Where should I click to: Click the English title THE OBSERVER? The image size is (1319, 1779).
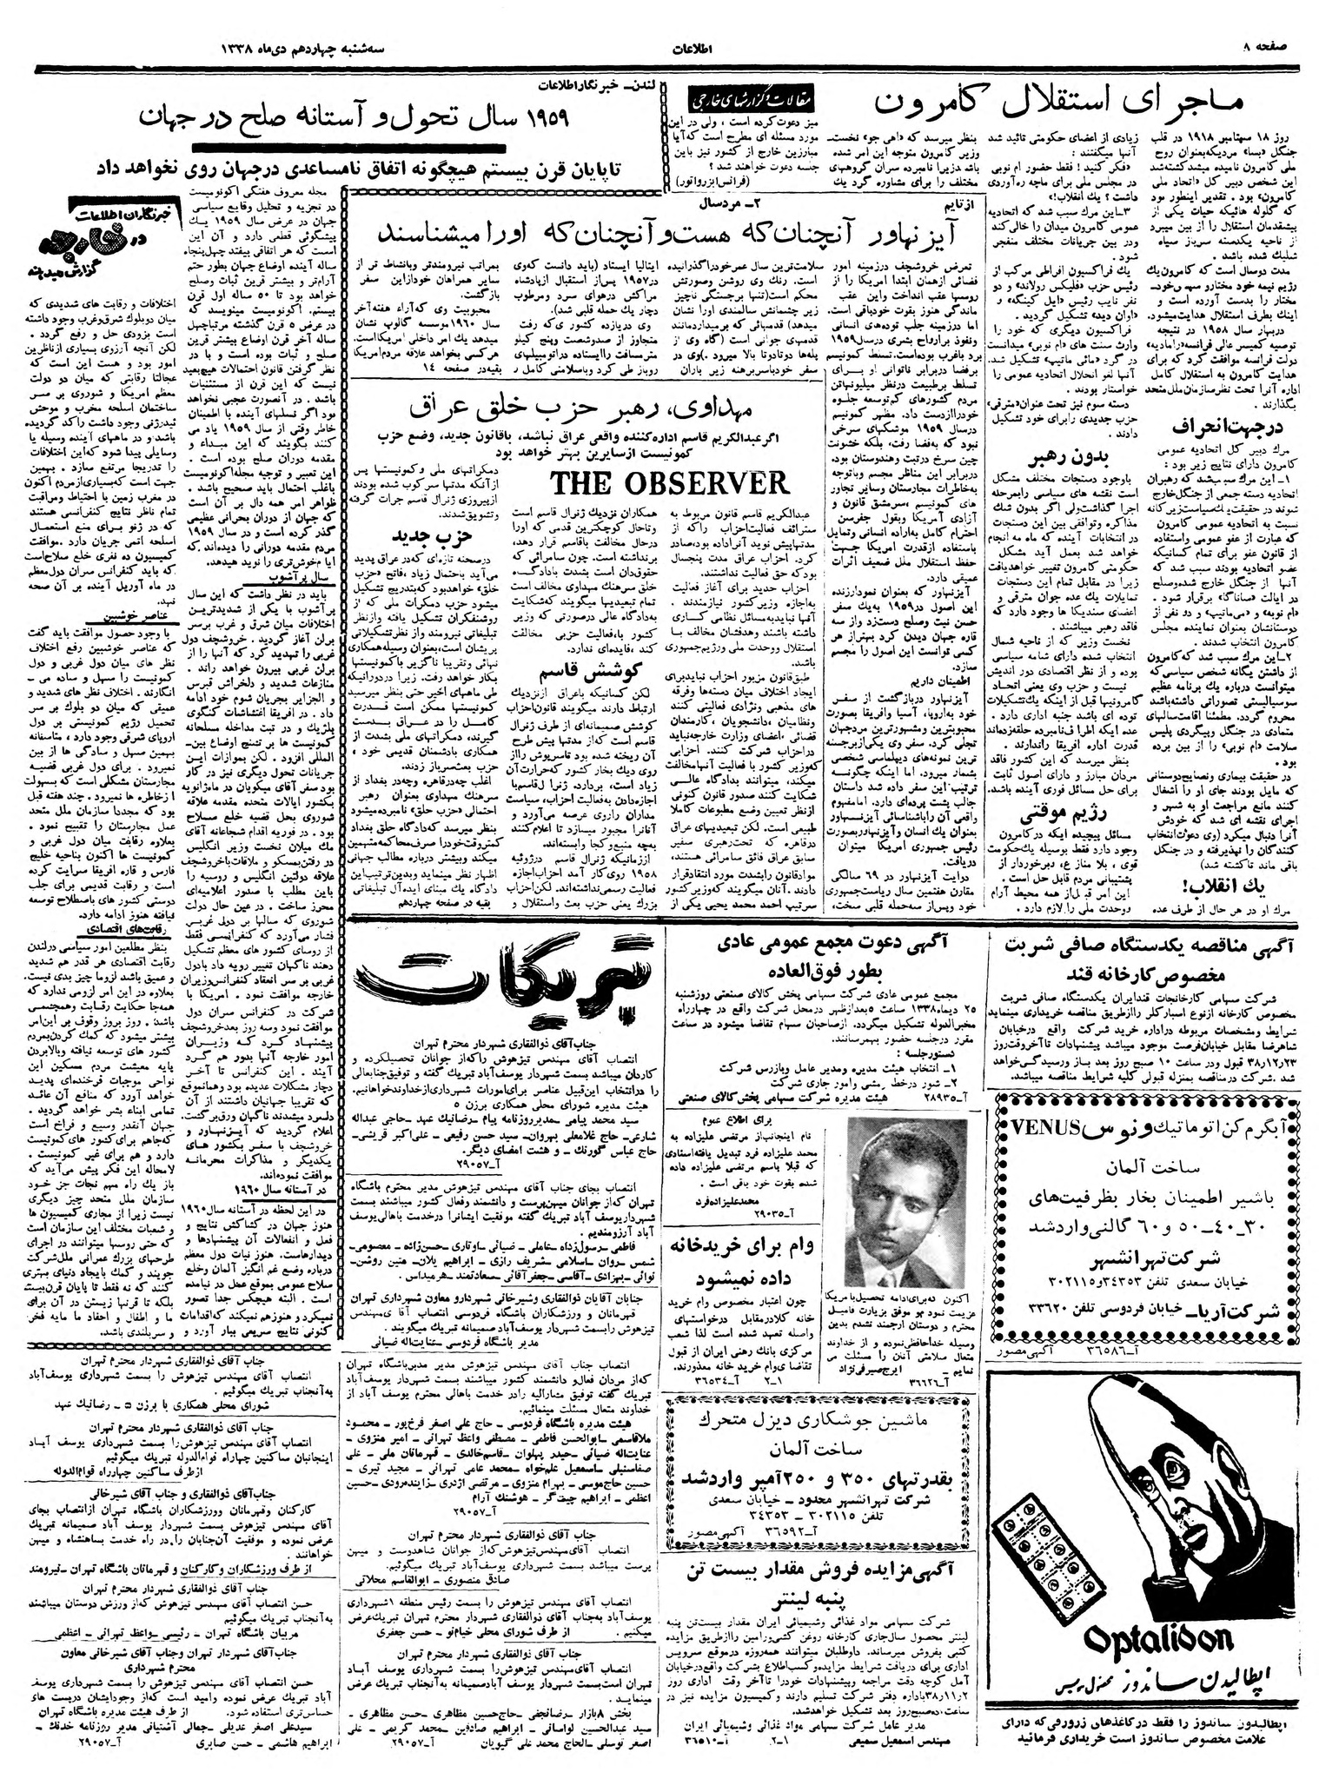(669, 484)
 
